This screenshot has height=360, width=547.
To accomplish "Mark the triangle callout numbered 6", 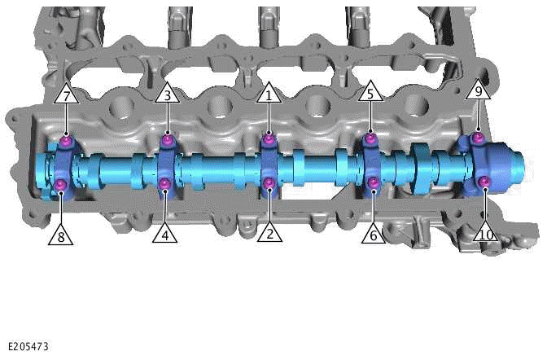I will (x=373, y=235).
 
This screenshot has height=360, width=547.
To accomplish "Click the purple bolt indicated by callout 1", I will (x=269, y=140).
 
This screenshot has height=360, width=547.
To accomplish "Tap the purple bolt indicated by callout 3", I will (x=166, y=140).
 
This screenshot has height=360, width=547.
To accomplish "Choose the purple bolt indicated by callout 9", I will (x=479, y=136).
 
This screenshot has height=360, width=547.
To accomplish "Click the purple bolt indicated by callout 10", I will (x=484, y=180).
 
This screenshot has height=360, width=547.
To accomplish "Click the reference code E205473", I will (x=28, y=346).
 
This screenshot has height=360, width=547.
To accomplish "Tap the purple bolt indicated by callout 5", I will (x=370, y=139).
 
